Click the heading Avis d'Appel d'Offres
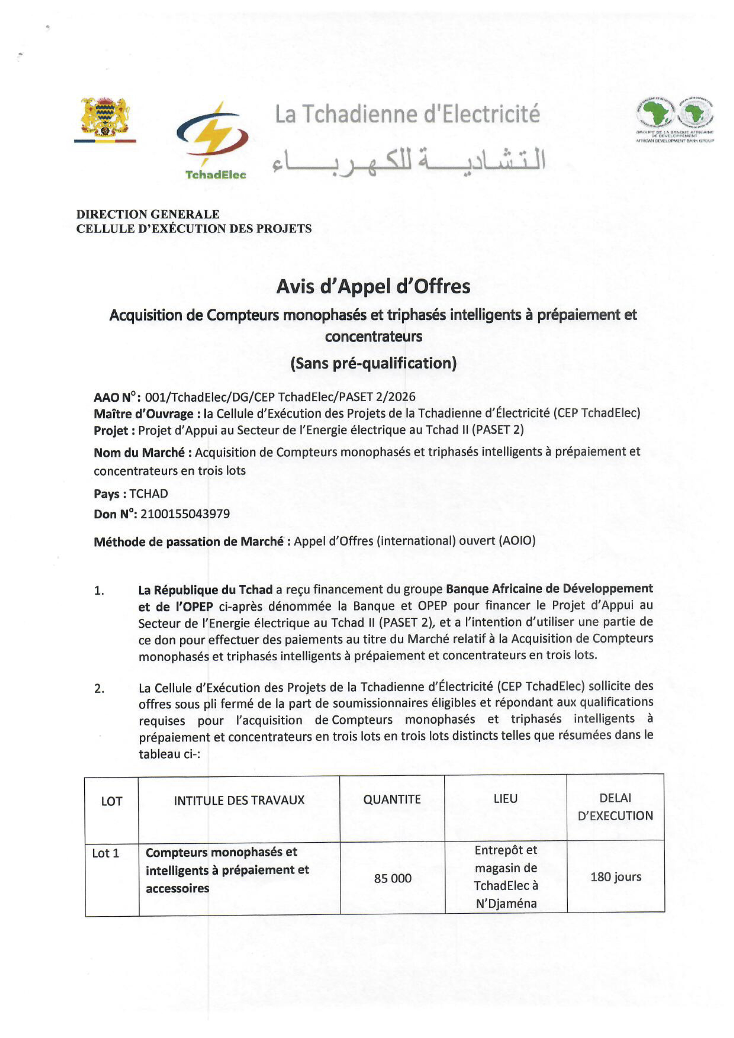pos(373,287)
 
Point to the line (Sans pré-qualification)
pos(373,363)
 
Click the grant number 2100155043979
pos(185,514)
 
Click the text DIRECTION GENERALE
pos(148,214)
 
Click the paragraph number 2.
pos(99,689)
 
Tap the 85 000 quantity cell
pos(392,878)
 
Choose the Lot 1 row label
pos(105,853)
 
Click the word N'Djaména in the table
pos(506,904)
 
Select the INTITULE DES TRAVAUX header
pos(239,800)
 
